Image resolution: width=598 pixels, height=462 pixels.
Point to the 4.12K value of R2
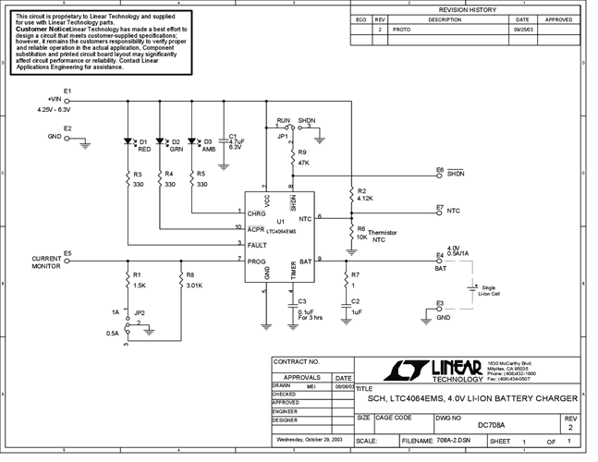(x=364, y=199)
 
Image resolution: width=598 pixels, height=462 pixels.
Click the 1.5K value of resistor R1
(x=139, y=286)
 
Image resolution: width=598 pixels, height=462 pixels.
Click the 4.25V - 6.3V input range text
(x=54, y=110)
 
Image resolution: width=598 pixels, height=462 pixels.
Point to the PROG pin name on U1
(x=256, y=261)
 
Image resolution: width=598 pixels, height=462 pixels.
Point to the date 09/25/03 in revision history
(x=522, y=29)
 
